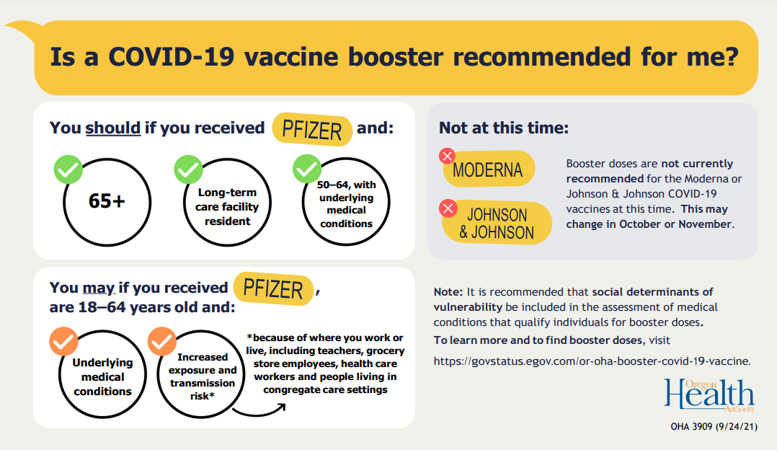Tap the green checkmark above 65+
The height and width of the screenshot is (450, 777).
pos(68,169)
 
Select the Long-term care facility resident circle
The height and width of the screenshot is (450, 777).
pos(227,206)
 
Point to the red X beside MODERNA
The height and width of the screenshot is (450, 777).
pos(448,156)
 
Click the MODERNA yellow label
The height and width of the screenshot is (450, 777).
pos(488,170)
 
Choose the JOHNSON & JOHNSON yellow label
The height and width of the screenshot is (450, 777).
pos(497,224)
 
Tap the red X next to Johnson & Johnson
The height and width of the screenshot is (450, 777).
pos(448,208)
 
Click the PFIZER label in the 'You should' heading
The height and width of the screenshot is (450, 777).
pos(312,131)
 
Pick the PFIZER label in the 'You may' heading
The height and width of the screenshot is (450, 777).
pos(273,288)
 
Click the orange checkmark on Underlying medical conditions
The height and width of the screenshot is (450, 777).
pos(63,340)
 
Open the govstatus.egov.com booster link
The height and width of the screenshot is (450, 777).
pos(592,361)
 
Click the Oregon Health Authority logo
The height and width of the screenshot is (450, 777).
pos(709,395)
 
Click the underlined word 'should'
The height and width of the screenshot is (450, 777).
pos(113,128)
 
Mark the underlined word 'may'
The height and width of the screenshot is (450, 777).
pos(98,288)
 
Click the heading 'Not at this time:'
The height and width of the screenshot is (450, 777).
pos(504,128)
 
